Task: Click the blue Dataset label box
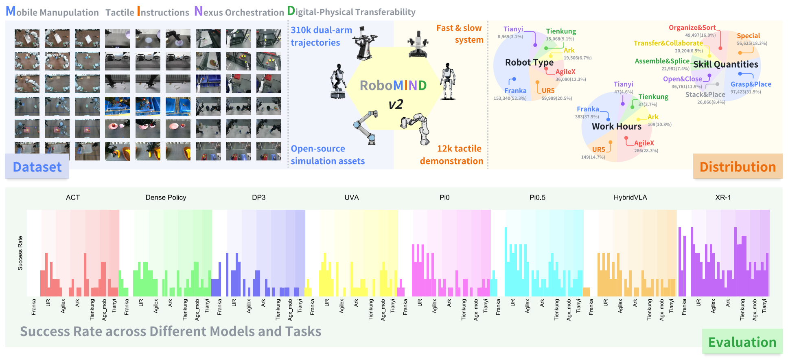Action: (x=37, y=167)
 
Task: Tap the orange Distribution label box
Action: (x=738, y=167)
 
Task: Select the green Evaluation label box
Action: (x=742, y=342)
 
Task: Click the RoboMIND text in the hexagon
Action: (x=393, y=86)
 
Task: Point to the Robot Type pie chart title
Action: (x=529, y=62)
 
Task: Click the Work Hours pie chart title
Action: (x=616, y=126)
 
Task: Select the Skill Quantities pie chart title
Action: (x=725, y=64)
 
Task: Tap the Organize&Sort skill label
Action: (x=692, y=28)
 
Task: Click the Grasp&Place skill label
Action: (x=751, y=84)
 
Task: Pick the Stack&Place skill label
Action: (x=705, y=94)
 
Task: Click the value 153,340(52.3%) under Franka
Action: (x=510, y=98)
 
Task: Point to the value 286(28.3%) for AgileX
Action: (x=646, y=151)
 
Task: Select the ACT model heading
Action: (x=73, y=198)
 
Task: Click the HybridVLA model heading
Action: (x=630, y=198)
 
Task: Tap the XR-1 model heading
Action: (x=723, y=198)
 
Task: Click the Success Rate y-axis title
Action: (x=20, y=253)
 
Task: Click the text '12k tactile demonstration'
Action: (x=452, y=155)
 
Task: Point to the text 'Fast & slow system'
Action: (x=459, y=34)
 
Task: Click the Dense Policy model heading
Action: (x=166, y=198)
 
